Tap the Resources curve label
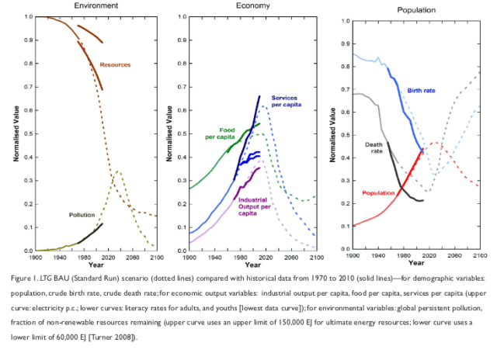pos(115,64)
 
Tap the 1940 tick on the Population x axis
pos(377,255)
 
